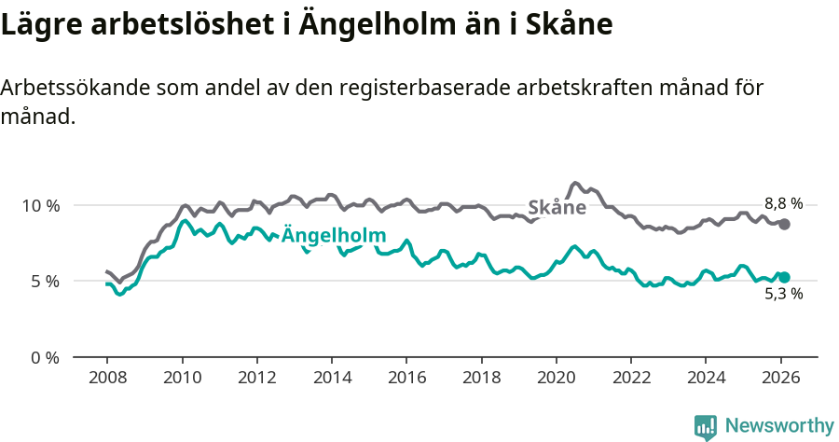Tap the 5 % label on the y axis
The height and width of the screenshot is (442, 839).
[x=45, y=281]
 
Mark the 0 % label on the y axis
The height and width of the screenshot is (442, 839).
[x=45, y=357]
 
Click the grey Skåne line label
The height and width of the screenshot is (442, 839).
[x=557, y=208]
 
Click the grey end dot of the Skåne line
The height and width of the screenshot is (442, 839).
[x=785, y=224]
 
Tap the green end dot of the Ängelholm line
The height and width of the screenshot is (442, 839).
[x=785, y=277]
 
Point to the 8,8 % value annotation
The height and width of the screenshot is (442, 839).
[x=783, y=203]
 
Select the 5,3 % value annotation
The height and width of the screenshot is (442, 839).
[x=783, y=295]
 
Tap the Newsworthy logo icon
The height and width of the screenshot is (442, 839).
[x=705, y=427]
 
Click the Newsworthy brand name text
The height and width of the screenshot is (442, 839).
[x=779, y=426]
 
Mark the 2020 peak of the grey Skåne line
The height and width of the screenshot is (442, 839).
[x=575, y=183]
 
